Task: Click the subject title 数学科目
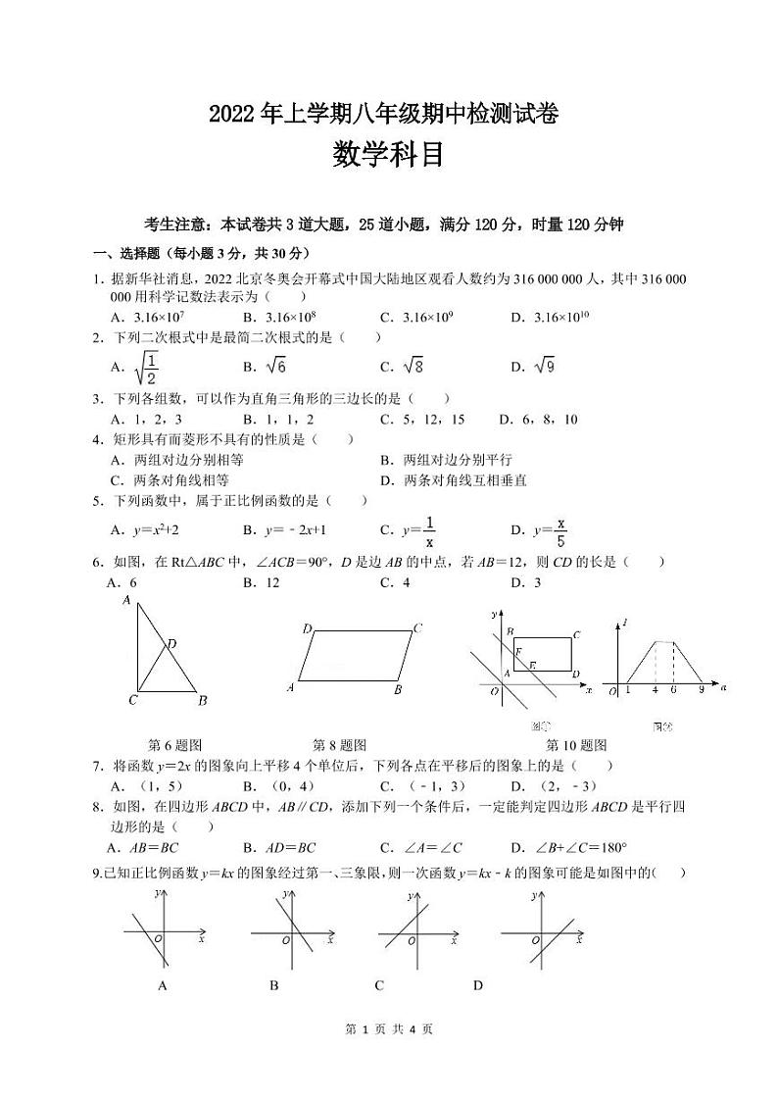388,155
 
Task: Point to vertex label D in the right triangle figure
171,644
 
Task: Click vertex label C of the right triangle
132,700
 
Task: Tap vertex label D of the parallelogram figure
307,628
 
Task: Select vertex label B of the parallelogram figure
398,689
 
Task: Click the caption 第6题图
173,745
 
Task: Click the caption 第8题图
339,745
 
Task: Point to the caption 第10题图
576,745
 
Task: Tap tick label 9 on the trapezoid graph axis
702,690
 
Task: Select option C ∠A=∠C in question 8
421,848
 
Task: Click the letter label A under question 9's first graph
163,985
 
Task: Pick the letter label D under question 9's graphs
478,985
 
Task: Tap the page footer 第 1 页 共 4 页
388,1057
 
